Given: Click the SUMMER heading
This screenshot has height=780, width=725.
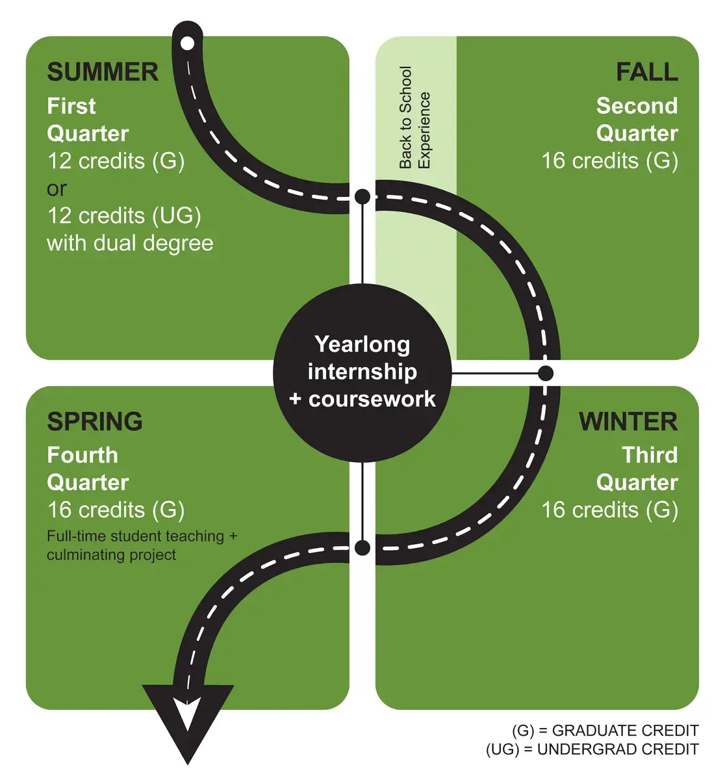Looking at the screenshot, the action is tap(103, 72).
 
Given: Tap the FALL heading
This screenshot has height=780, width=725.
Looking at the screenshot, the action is tap(647, 72).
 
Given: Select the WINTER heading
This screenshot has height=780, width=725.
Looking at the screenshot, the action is tap(628, 421).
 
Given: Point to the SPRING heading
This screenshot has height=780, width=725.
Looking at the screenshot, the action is tap(95, 421).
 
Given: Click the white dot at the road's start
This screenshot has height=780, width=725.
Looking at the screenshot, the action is tap(188, 43).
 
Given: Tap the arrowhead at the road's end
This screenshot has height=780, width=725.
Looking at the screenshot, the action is tap(188, 724).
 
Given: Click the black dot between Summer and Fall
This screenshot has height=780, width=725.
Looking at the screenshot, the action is tap(363, 196).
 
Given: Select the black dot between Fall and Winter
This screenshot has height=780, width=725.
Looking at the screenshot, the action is tap(545, 373).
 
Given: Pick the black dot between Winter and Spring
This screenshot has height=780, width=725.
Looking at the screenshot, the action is tap(363, 547).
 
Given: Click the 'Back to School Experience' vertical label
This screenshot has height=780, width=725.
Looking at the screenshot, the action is tap(415, 118).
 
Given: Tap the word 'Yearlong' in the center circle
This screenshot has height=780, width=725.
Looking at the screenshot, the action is tap(363, 344).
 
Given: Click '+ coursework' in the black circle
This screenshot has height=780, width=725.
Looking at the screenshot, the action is tap(363, 400).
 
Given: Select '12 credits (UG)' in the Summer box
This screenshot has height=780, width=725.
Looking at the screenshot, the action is tap(124, 216).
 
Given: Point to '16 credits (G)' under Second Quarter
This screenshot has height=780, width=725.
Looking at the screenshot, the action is tap(609, 161).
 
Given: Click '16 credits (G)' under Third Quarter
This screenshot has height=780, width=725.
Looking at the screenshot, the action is tap(609, 510).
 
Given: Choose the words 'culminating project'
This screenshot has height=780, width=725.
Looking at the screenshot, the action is tap(112, 555).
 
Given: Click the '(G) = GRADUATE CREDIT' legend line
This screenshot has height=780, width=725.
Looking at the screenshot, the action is tap(605, 731).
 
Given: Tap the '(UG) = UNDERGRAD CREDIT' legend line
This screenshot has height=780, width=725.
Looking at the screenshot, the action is tap(592, 749).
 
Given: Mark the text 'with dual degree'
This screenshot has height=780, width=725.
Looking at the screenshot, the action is tap(130, 244).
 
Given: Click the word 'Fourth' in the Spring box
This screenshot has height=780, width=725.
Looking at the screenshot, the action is tap(83, 455).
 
